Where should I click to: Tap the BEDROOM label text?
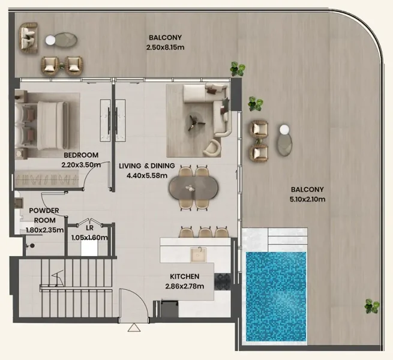pos(81,154)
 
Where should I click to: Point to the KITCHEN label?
pos(184,277)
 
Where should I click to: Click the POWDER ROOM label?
pos(44,215)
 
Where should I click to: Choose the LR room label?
pos(89,229)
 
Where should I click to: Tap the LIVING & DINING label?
pos(147,166)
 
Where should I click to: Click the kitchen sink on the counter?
pos(199,254)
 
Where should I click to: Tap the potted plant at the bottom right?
pos(372,307)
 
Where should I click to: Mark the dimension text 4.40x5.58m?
pos(147,176)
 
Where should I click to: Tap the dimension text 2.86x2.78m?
pos(184,286)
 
